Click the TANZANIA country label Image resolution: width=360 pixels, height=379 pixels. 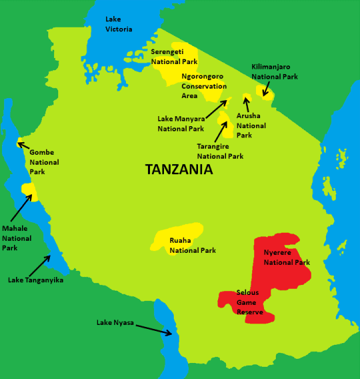179,169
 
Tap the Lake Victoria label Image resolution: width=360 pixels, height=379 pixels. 119,24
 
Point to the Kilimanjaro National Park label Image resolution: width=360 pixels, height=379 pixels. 275,71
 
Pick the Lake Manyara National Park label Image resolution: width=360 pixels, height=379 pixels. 181,123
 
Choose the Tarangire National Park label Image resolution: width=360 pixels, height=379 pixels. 221,151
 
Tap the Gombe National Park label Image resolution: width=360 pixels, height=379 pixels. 45,162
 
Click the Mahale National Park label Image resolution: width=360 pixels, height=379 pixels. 17,238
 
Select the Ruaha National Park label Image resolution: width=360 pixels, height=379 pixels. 192,246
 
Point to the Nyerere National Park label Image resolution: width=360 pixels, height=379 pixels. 287,258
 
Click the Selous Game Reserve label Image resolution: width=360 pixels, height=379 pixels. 251,302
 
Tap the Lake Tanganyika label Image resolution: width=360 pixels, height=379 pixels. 35,280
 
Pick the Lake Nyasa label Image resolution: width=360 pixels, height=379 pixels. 115,323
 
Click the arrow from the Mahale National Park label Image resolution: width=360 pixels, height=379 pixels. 20,208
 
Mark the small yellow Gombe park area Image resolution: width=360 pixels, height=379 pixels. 20,143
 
